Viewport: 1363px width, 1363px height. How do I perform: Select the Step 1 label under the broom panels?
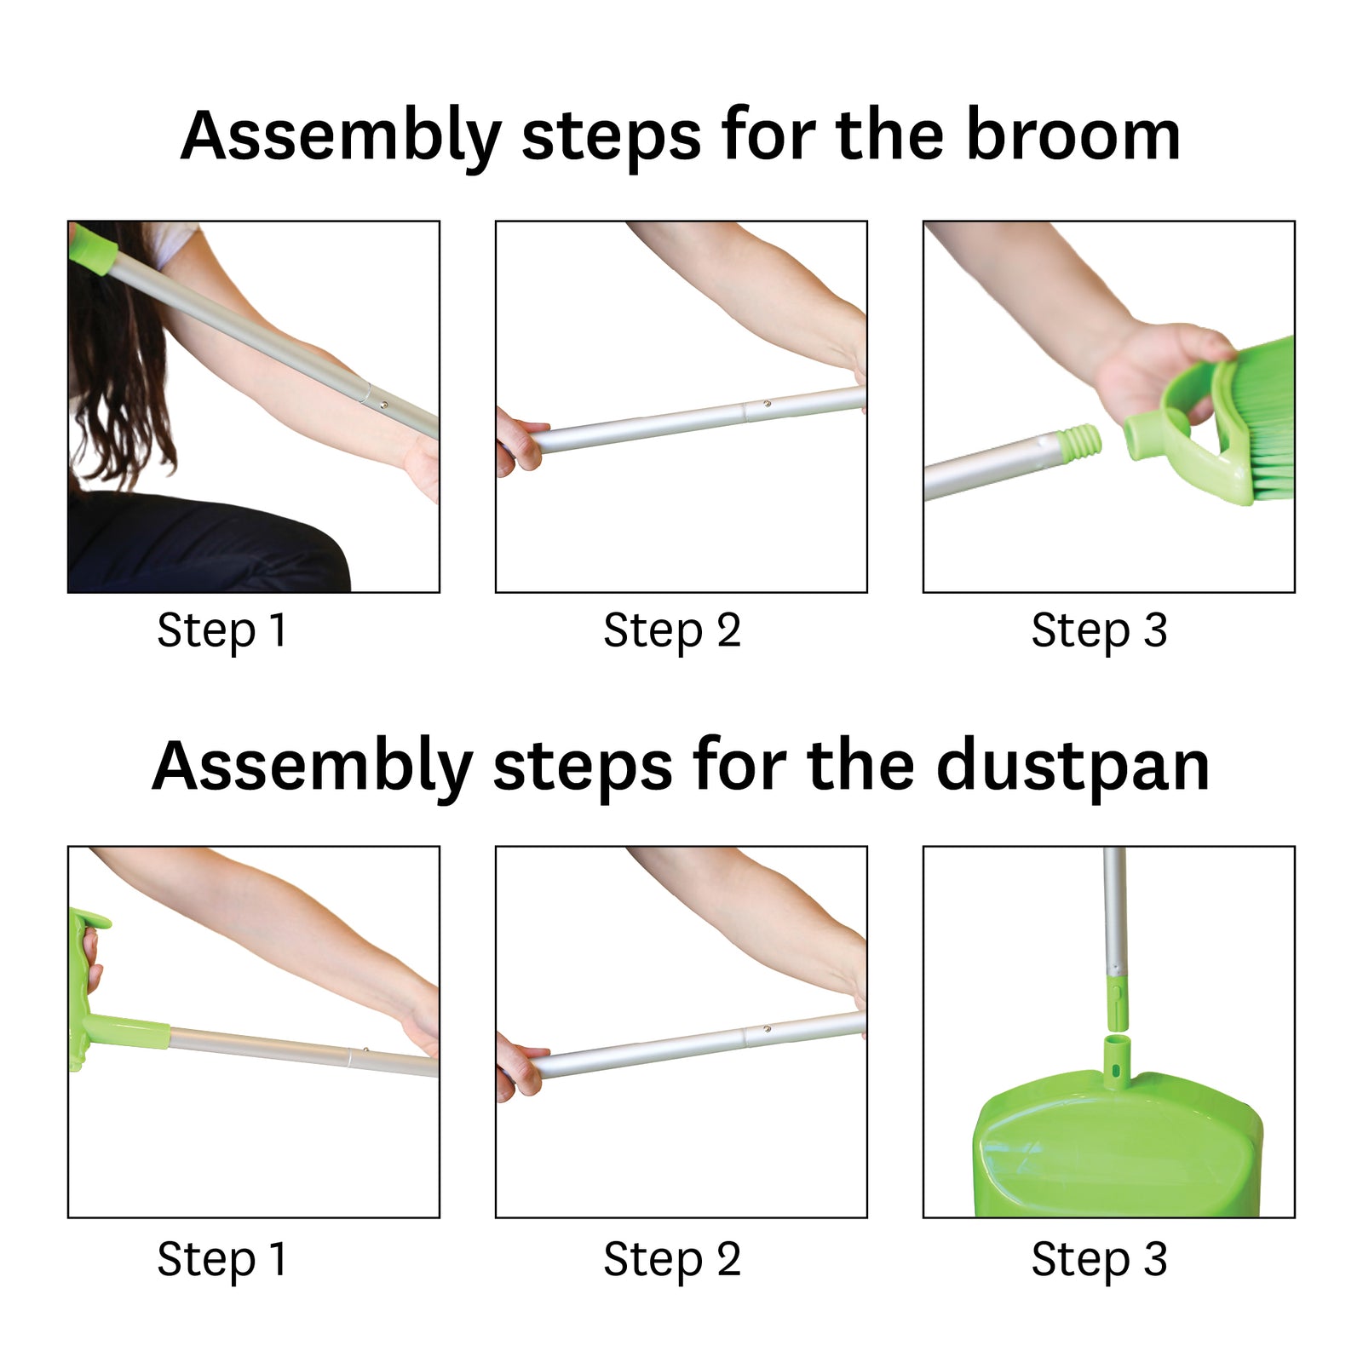(222, 632)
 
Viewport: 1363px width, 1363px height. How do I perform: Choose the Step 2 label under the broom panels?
(672, 632)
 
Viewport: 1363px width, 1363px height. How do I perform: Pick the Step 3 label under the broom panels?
(1099, 632)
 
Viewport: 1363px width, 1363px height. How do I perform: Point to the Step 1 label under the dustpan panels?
(222, 1261)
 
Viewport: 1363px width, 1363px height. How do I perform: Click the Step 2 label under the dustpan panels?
(672, 1261)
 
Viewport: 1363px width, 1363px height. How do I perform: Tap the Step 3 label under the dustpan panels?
(1099, 1261)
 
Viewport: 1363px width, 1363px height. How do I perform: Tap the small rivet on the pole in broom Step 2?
(768, 404)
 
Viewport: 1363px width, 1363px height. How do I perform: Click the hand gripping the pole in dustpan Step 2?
(516, 1065)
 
